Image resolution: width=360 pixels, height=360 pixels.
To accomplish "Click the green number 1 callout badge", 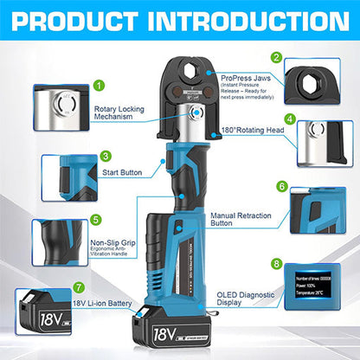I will (100, 86).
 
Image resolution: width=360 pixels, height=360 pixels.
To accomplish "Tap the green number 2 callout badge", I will (276, 58).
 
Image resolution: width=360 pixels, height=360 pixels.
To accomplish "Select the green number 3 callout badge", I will (105, 157).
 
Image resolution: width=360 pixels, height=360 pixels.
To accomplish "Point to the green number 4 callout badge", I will (289, 119).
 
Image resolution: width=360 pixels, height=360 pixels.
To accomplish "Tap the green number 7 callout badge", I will (79, 286).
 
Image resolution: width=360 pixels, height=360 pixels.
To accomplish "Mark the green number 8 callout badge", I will (276, 262).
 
